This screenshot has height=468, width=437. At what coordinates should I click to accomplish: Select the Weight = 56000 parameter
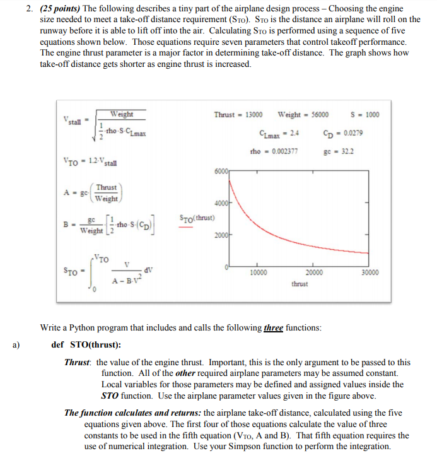(303, 115)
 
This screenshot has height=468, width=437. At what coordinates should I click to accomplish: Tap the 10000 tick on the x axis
(258, 272)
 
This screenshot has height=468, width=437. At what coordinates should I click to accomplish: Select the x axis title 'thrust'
(300, 284)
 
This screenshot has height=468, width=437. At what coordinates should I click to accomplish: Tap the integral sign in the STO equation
(94, 272)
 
